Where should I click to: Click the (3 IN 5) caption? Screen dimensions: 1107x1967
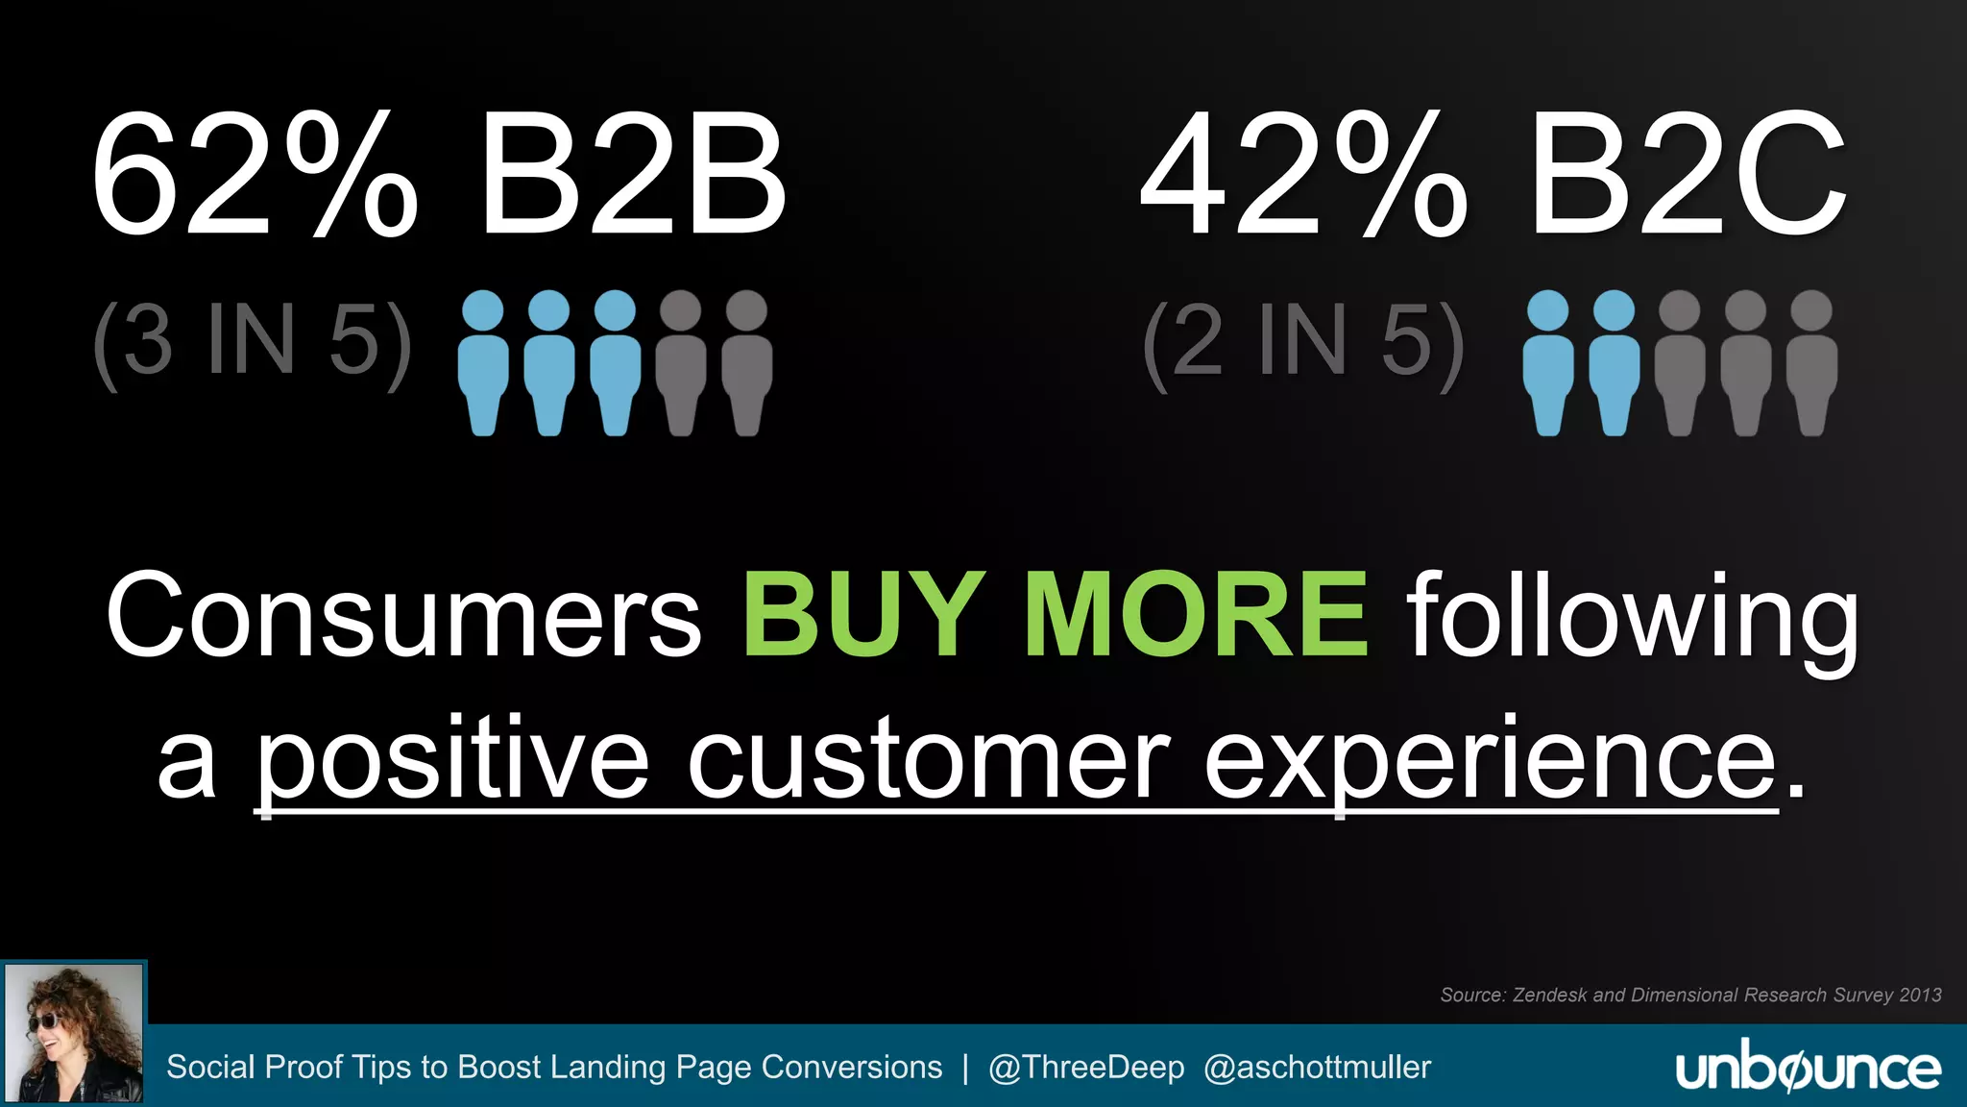click(x=253, y=341)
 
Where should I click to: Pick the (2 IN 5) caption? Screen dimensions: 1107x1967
click(x=1303, y=341)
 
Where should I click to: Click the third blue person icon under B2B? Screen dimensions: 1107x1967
click(x=615, y=362)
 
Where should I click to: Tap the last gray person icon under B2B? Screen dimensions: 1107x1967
click(x=746, y=362)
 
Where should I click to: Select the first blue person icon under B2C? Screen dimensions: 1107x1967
click(x=1548, y=362)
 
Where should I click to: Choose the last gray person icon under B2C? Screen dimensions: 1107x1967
click(x=1811, y=362)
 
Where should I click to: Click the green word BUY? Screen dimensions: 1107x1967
click(x=863, y=615)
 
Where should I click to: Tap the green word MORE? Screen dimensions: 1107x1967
click(x=1196, y=615)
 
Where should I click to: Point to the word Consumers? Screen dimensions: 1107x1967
click(x=403, y=615)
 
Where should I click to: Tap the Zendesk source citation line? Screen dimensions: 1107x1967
click(x=1690, y=995)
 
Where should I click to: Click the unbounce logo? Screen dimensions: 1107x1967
click(x=1808, y=1069)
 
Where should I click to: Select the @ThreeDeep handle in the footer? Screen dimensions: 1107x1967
click(x=1086, y=1068)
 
